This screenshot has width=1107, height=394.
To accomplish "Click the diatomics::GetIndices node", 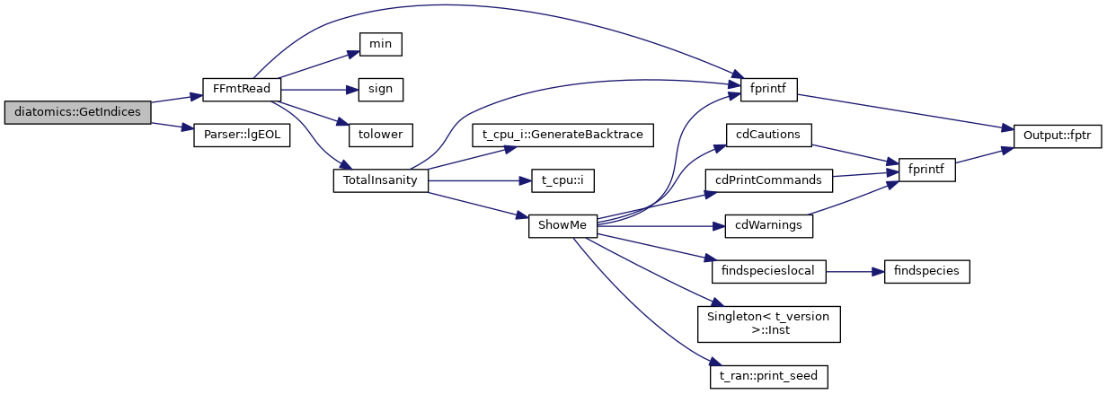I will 77,112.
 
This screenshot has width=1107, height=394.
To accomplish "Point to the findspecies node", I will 926,271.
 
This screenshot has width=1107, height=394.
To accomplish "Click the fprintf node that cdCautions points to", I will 926,169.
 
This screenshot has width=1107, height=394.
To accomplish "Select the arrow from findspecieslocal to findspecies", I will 855,271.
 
